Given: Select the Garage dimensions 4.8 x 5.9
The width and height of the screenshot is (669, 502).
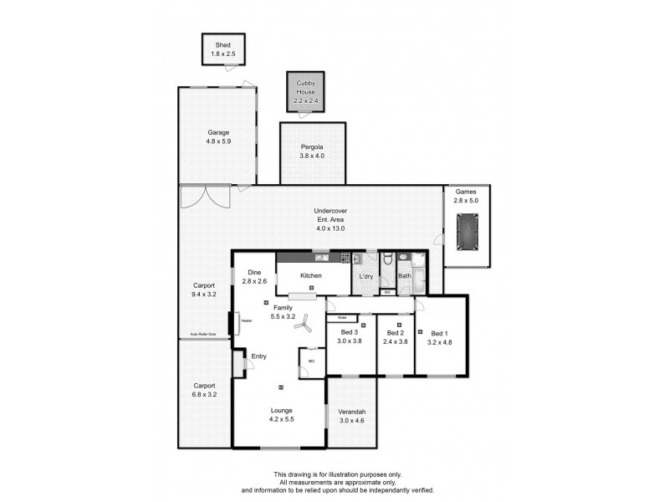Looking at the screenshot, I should [218, 141].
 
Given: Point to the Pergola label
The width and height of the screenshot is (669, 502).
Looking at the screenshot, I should [313, 147].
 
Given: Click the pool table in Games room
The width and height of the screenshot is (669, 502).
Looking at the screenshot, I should [467, 231].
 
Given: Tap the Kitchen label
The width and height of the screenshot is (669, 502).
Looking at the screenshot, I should [311, 275].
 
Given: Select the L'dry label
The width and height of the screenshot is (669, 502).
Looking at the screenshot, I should [366, 276].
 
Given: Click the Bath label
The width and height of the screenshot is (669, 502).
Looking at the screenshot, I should [405, 276].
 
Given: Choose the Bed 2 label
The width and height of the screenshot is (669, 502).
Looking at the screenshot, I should [396, 333].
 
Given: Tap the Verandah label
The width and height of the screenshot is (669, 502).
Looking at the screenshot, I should [351, 412].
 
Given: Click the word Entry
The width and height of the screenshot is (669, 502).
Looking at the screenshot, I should [259, 356].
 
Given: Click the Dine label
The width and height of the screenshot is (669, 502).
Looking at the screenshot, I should [254, 272].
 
